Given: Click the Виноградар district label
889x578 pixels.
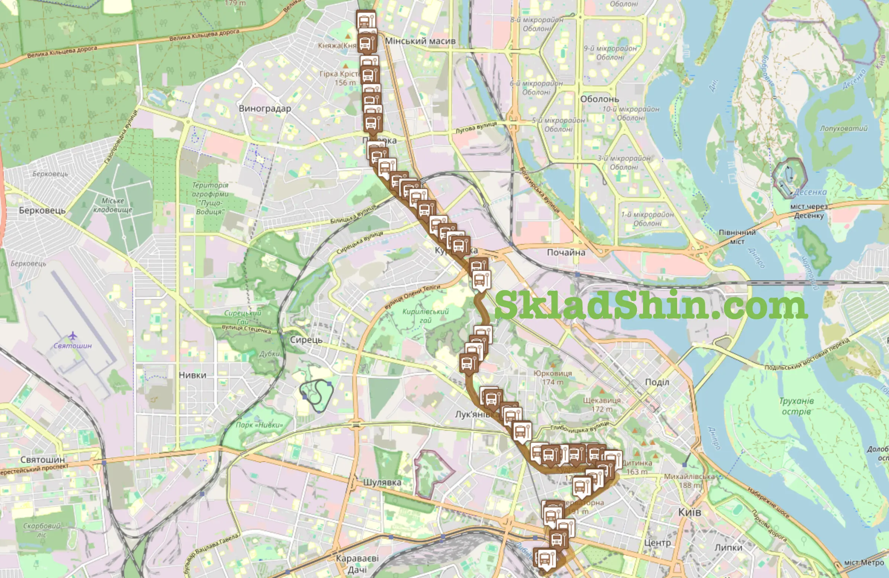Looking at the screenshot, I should [x=265, y=109].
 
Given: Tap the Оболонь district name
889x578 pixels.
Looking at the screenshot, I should [x=599, y=99].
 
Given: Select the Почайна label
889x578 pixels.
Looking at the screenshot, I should [x=566, y=252].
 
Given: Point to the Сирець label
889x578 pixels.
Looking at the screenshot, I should [x=306, y=340].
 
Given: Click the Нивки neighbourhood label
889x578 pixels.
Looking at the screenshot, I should [x=193, y=375].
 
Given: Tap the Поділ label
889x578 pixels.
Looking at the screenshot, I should [x=657, y=382].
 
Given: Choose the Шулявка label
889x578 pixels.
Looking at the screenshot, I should [x=382, y=482].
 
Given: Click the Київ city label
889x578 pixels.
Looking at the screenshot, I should [x=689, y=512].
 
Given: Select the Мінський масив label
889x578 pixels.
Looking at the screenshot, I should [x=420, y=41].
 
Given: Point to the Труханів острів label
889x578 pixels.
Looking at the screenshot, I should [x=796, y=406].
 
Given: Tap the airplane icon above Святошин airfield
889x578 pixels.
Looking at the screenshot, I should [x=73, y=335].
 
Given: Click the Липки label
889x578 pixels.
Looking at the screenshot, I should [x=728, y=548].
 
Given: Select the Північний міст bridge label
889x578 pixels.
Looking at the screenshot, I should [x=737, y=237].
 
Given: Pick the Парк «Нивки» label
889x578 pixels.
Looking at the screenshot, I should [x=259, y=425].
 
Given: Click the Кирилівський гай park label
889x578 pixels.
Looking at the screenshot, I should [x=425, y=316].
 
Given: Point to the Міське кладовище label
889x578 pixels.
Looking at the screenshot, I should [x=113, y=205].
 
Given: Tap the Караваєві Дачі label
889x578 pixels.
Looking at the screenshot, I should [x=357, y=564].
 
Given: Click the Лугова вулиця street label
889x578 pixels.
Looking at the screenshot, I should [x=476, y=128].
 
